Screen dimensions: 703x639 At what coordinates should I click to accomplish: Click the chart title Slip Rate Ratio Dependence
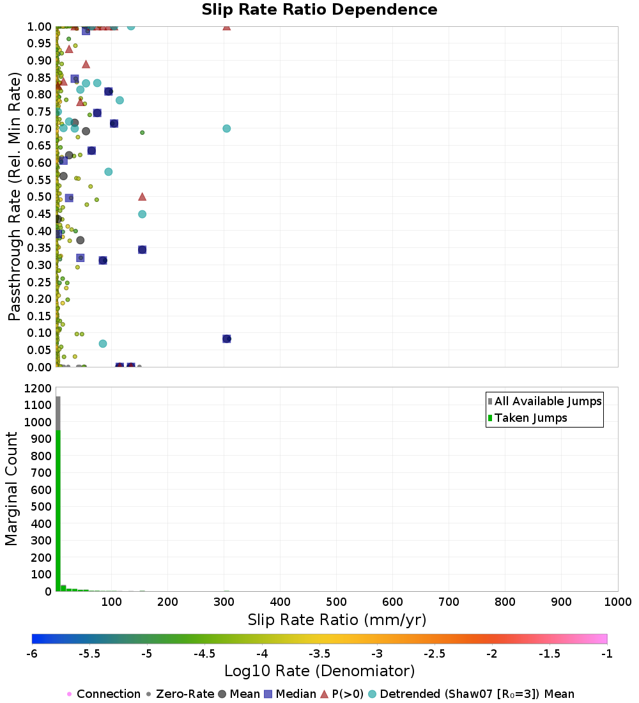coord(319,10)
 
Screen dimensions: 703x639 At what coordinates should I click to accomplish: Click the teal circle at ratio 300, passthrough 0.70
coord(226,128)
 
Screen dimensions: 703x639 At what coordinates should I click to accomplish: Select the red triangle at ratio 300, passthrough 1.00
coord(226,26)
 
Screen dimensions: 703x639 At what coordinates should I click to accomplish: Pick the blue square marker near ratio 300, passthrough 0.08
coord(226,339)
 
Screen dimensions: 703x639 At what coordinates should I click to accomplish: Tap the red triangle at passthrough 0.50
coord(142,197)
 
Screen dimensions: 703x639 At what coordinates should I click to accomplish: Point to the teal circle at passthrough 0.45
coord(142,214)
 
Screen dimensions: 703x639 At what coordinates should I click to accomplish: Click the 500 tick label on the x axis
coord(336,601)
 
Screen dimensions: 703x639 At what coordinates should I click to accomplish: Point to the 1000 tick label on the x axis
coord(618,601)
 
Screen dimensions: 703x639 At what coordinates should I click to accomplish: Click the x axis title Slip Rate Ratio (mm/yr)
coord(337,620)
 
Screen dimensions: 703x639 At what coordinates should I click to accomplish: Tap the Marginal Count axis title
coord(12,489)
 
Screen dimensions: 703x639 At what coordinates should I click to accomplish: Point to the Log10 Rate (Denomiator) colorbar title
coord(319,671)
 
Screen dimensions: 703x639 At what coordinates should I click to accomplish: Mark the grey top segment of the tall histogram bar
coord(58,413)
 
